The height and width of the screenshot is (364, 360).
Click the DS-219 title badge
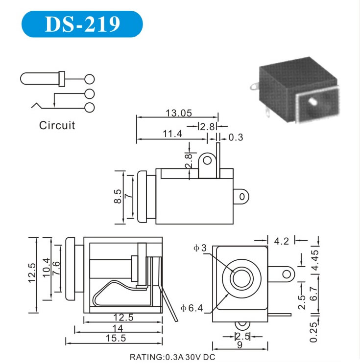[x=82, y=24]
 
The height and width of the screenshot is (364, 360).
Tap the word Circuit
[x=57, y=125]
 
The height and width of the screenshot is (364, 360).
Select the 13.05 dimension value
[x=178, y=113]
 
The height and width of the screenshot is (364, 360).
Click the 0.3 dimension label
[x=236, y=137]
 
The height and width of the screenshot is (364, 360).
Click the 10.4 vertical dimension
[x=47, y=269]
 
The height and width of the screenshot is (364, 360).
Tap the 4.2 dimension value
[x=281, y=241]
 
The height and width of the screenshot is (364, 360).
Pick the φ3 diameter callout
[x=200, y=249]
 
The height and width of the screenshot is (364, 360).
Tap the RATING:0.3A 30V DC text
[x=172, y=357]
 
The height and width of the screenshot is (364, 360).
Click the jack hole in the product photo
[x=312, y=102]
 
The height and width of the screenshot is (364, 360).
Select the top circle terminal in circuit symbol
[x=89, y=78]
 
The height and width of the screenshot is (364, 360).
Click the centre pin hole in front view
[x=240, y=278]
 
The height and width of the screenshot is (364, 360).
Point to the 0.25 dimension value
[x=315, y=331]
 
